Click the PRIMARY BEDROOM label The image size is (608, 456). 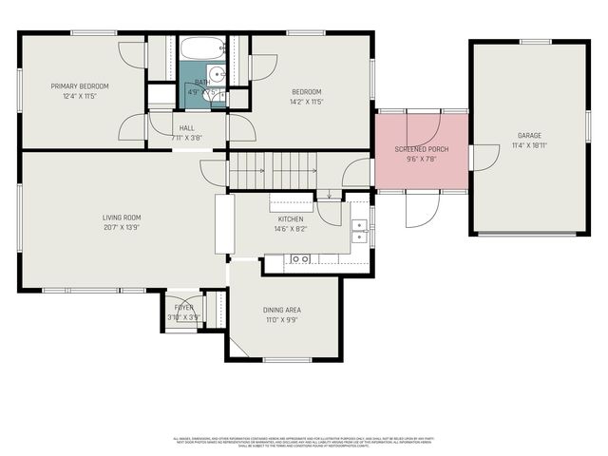pyautogui.click(x=80, y=86)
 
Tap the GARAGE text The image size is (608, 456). pyautogui.click(x=529, y=136)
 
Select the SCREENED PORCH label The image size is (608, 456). pyautogui.click(x=422, y=150)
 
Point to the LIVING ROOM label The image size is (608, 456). pyautogui.click(x=122, y=218)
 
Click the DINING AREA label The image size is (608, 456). pyautogui.click(x=282, y=310)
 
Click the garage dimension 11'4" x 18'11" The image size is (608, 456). pyautogui.click(x=529, y=145)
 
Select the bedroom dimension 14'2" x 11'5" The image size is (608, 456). pyautogui.click(x=306, y=101)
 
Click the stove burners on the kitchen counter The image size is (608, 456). pyautogui.click(x=300, y=258)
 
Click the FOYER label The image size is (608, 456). pyautogui.click(x=183, y=308)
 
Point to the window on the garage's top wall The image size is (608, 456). pyautogui.click(x=529, y=41)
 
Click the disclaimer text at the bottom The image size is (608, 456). pyautogui.click(x=304, y=442)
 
